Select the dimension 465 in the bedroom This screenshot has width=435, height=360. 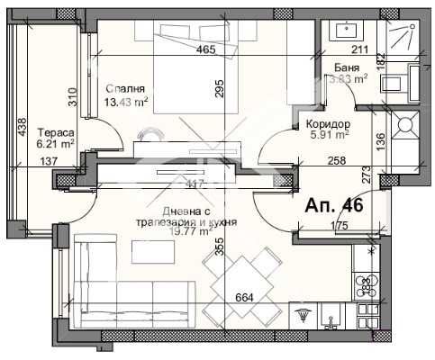pos(205,49)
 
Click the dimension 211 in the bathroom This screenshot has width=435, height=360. pos(360,49)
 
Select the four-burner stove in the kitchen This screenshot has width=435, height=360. pos(367,286)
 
